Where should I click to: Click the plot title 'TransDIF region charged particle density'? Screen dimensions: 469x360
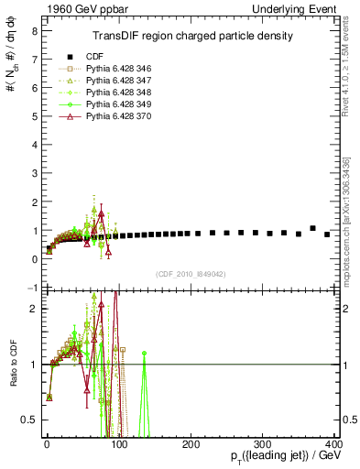click(192, 37)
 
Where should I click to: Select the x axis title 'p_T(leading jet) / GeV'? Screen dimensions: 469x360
click(286, 457)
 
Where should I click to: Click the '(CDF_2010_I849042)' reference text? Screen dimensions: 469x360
click(191, 274)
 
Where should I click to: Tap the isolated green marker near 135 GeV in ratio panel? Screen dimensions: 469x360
click(144, 353)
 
